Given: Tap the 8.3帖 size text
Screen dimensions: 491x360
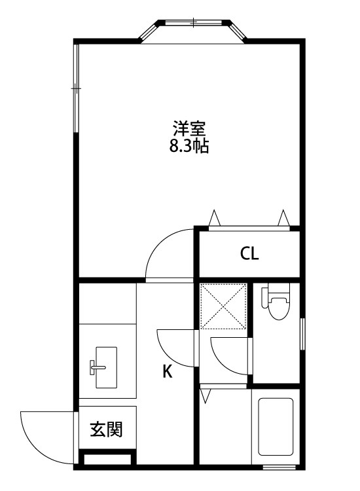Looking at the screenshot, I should pos(189,146).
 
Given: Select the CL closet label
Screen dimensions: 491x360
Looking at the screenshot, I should pos(249,253).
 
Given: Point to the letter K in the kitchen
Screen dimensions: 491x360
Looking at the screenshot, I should pos(168,372).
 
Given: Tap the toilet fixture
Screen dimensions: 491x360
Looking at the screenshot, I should pos(276,302).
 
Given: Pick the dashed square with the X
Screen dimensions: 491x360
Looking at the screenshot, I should pos(224,306).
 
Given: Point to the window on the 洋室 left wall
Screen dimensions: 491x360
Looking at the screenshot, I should pos(76,88).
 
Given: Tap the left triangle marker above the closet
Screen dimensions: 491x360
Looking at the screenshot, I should pos(213,217).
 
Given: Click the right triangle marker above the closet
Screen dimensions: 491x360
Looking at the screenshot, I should pos(283,217).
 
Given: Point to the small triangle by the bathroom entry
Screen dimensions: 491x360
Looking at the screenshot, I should pos(206,395).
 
